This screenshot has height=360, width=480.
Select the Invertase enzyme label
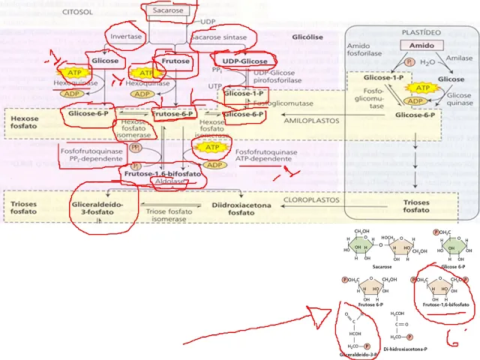point(125,36)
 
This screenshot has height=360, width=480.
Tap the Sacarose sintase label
point(220,36)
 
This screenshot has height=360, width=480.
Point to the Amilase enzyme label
point(458,57)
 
